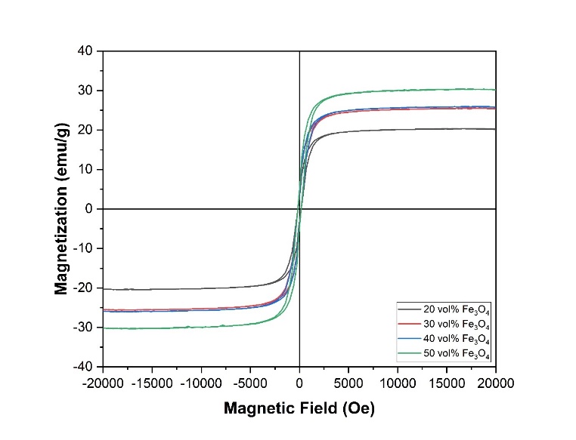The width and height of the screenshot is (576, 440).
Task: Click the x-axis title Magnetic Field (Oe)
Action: pyautogui.click(x=299, y=408)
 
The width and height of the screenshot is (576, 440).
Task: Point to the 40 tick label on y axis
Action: pyautogui.click(x=85, y=51)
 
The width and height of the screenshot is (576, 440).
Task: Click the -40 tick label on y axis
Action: pyautogui.click(x=82, y=367)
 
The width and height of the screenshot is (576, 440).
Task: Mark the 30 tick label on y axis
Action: pyautogui.click(x=85, y=91)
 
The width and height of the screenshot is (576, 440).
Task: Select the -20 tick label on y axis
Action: pyautogui.click(x=82, y=288)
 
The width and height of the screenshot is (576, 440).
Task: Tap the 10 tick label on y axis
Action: pyautogui.click(x=85, y=170)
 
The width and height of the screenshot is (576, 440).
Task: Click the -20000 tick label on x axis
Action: pyautogui.click(x=104, y=382)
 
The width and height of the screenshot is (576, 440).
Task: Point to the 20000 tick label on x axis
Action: pyautogui.click(x=496, y=382)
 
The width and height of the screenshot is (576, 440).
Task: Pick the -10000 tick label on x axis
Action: pyautogui.click(x=202, y=382)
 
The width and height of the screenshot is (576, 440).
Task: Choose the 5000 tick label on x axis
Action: pyautogui.click(x=348, y=382)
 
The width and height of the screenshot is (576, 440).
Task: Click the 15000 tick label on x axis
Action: pyautogui.click(x=447, y=382)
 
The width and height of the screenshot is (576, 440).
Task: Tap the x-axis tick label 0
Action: pyautogui.click(x=300, y=382)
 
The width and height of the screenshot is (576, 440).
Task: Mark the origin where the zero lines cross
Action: pyautogui.click(x=300, y=209)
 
